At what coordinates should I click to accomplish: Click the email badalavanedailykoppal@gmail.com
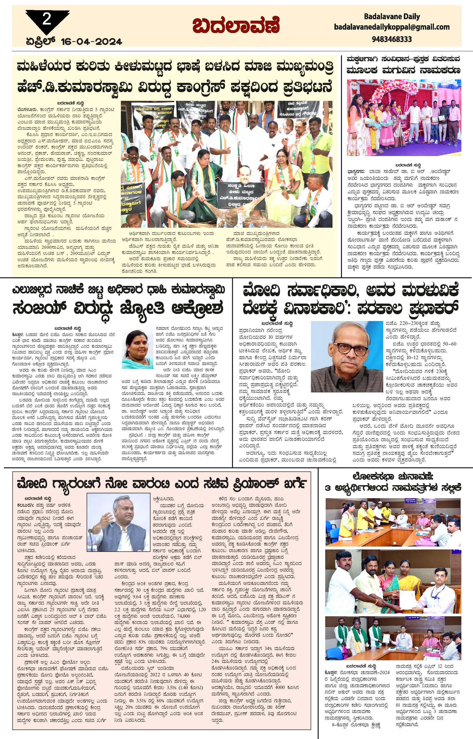click(x=392, y=27)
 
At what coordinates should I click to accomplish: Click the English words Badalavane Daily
click(x=392, y=16)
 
